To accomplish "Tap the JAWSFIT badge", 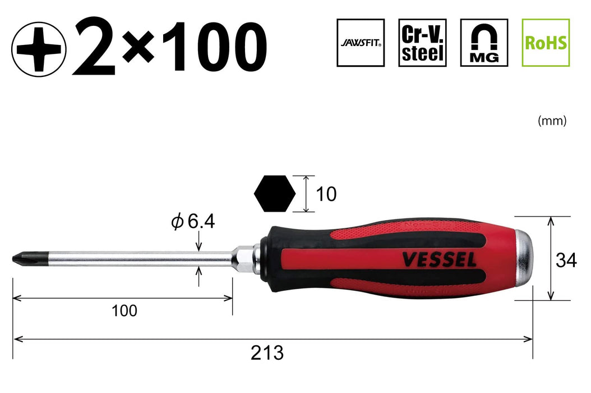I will click(x=361, y=43).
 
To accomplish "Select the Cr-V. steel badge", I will click(x=422, y=43).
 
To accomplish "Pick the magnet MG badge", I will click(x=484, y=43).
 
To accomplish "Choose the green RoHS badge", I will click(x=546, y=43).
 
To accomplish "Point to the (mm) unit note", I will click(x=552, y=120).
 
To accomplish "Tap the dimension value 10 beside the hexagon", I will click(x=326, y=194).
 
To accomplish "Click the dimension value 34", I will click(x=566, y=259).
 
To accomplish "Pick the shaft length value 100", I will click(x=124, y=310).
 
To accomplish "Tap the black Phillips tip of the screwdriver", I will click(x=21, y=258).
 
